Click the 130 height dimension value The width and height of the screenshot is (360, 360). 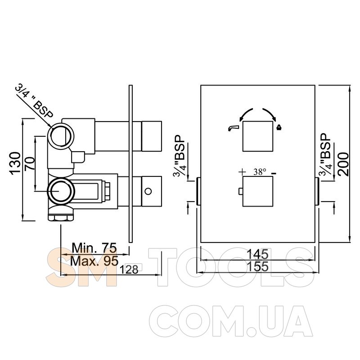coord(15,163)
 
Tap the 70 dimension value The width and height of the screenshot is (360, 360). coord(30,163)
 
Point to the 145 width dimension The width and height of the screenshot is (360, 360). coord(257,254)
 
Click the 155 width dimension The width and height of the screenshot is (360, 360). coord(257,266)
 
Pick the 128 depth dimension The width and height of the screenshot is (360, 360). coord(129,269)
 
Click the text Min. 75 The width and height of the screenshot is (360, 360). coord(94,248)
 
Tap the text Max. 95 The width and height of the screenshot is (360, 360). coord(94,261)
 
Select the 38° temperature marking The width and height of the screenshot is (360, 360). coord(260,172)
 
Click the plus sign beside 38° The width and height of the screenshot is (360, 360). coord(242,172)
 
